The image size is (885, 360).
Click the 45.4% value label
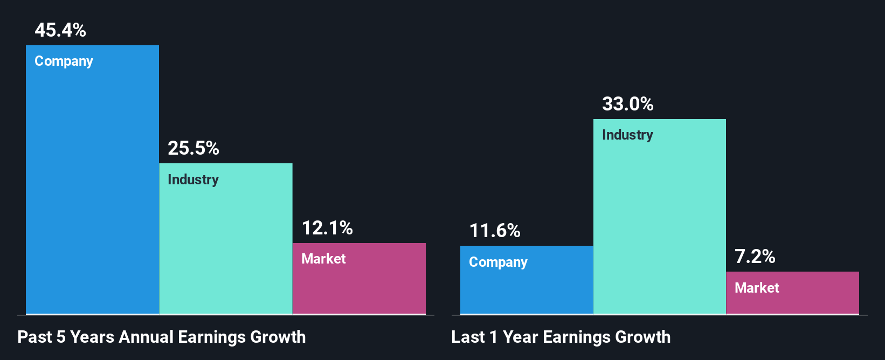coord(60,30)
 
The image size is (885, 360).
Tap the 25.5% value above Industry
coord(193,148)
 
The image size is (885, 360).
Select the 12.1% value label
coord(327,228)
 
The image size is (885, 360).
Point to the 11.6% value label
coord(495,231)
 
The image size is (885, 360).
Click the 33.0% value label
coord(627,104)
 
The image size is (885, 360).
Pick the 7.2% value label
coord(755,257)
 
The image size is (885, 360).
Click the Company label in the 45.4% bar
coord(64,61)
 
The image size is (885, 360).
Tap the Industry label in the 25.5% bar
coord(193,179)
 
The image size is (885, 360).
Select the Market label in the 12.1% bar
coord(323,259)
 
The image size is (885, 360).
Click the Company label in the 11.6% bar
coord(498,262)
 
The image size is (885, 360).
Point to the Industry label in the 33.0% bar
coord(627,135)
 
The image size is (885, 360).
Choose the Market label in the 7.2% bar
coord(757,288)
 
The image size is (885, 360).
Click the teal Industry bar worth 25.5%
coord(225,248)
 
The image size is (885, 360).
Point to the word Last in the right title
coord(468,337)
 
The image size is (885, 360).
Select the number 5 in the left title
coord(61,337)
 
